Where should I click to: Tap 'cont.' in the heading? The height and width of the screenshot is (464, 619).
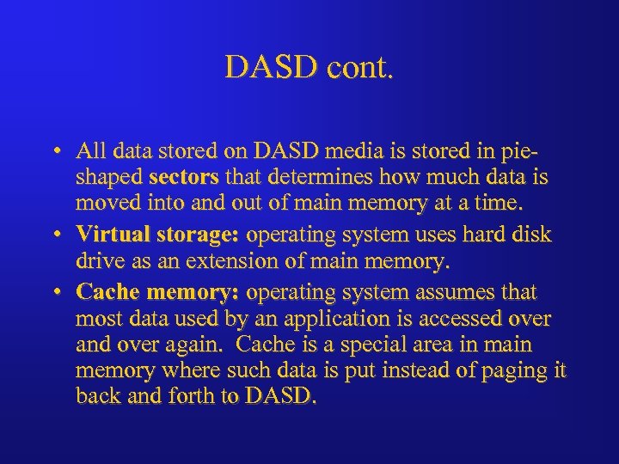click(358, 66)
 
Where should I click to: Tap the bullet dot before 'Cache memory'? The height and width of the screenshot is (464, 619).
click(54, 291)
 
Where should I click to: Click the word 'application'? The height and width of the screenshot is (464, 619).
click(322, 319)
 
